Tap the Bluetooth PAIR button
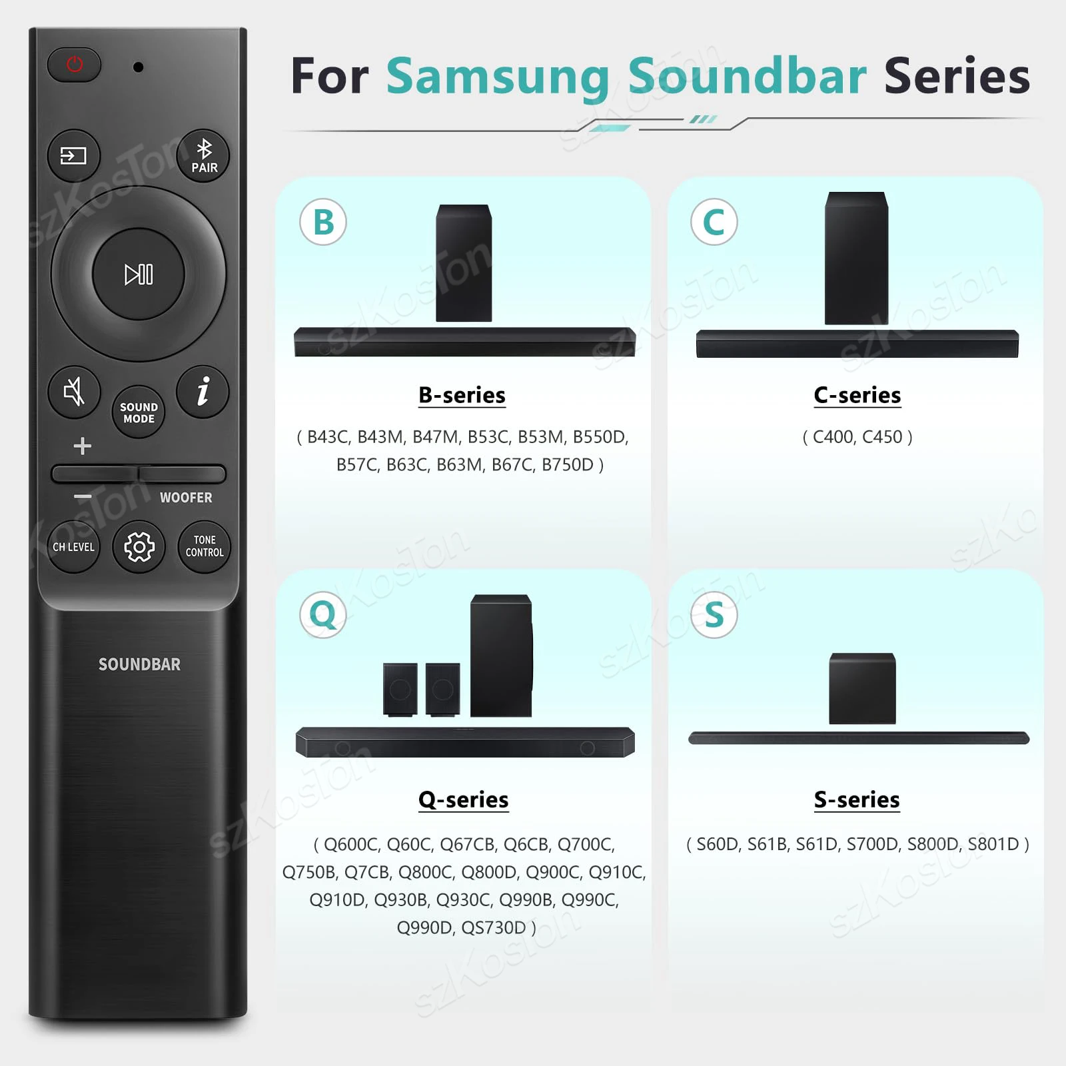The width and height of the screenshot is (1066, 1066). pyautogui.click(x=203, y=155)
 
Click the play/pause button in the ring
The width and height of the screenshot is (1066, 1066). pyautogui.click(x=139, y=274)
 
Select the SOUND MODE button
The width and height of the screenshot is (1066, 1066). pyautogui.click(x=139, y=412)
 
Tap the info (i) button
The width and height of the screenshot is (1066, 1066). pyautogui.click(x=203, y=391)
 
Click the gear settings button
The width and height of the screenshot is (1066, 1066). pyautogui.click(x=139, y=547)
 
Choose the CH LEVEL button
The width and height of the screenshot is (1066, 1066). pyautogui.click(x=73, y=547)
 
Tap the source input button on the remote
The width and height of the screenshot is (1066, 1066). pyautogui.click(x=73, y=155)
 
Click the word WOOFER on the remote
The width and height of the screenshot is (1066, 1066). pyautogui.click(x=186, y=498)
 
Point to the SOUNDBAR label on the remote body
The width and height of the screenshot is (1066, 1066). pyautogui.click(x=139, y=664)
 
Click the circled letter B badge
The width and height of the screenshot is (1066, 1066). pyautogui.click(x=323, y=222)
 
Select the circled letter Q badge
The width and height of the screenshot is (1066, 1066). pyautogui.click(x=323, y=614)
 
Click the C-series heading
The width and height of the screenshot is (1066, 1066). pyautogui.click(x=857, y=395)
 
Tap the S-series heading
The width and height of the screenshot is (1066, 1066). pyautogui.click(x=857, y=799)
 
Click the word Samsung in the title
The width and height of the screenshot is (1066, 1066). pyautogui.click(x=498, y=76)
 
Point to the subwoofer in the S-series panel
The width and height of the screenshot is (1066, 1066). pyautogui.click(x=862, y=688)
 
